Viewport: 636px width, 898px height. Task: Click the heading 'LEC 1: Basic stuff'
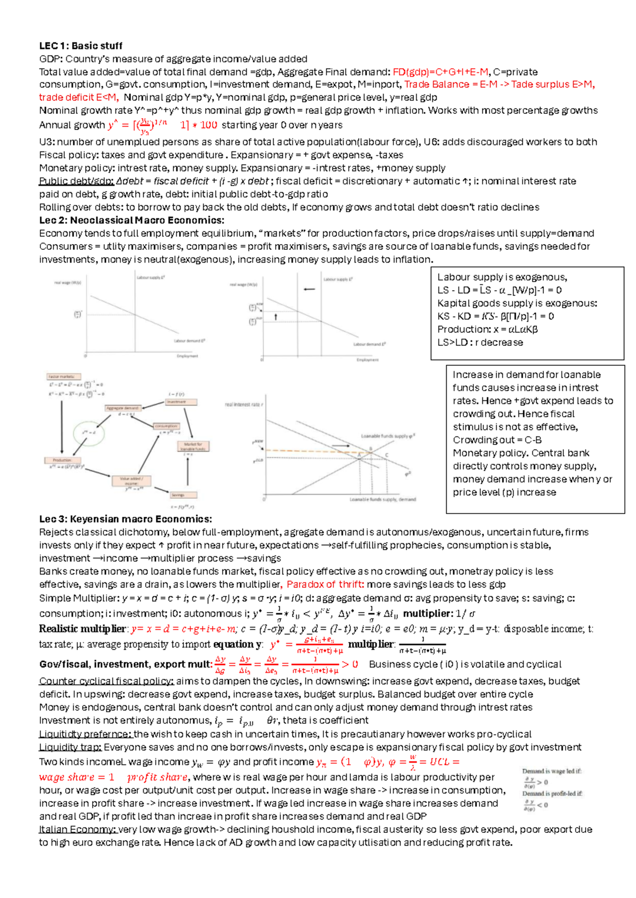tap(81, 46)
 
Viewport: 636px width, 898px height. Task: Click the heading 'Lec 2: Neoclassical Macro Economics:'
tap(131, 220)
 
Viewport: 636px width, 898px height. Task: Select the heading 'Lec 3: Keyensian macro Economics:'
tap(125, 519)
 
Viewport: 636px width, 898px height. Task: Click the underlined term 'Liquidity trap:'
tap(70, 747)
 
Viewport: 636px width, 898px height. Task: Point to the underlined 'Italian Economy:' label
tap(77, 829)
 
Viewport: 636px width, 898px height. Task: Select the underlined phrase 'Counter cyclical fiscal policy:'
tap(106, 681)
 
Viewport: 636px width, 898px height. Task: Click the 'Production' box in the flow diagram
tap(62, 460)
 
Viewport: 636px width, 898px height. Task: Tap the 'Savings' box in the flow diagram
tap(183, 495)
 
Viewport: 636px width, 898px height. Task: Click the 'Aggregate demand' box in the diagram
tap(123, 408)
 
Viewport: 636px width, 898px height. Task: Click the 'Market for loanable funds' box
tap(193, 446)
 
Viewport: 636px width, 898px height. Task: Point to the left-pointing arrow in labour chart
tap(309, 289)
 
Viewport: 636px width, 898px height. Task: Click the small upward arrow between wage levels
tap(276, 317)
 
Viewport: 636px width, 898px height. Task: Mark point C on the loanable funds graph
tap(386, 455)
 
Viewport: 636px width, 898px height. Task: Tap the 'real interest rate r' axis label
tap(244, 404)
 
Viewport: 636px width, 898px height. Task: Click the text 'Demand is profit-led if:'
tap(552, 793)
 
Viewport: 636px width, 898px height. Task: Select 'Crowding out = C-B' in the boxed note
tap(497, 440)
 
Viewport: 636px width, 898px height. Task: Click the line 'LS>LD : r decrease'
tap(480, 343)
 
